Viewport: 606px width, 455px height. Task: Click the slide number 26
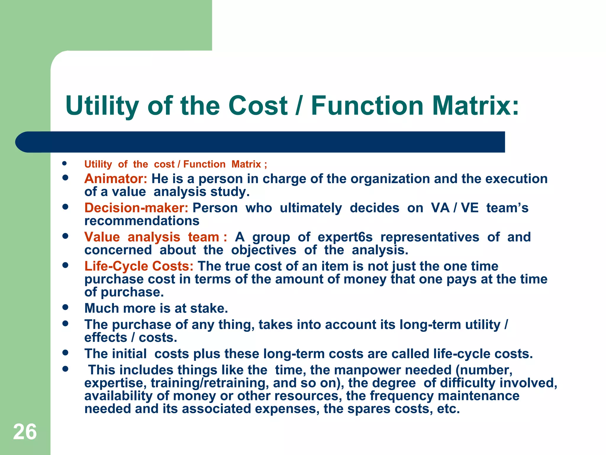(x=25, y=432)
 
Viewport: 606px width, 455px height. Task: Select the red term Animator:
(x=116, y=179)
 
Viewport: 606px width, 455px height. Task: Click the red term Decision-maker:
(x=136, y=208)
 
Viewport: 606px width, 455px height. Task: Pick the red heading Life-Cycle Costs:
(x=139, y=266)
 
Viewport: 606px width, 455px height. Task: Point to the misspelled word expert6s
(x=345, y=237)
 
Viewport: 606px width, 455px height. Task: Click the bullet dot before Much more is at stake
(x=65, y=307)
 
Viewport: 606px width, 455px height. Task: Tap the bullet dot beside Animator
(x=65, y=178)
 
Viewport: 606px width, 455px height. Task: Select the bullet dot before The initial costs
(x=65, y=353)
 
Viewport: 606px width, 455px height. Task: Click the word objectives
(x=264, y=250)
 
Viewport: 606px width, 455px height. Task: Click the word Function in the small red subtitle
(x=204, y=164)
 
